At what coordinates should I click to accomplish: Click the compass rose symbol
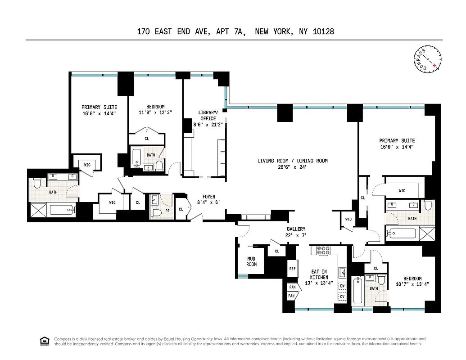point(427,59)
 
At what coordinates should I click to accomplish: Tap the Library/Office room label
point(208,118)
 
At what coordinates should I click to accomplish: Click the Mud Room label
point(251,261)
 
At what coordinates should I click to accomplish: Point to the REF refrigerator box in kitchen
point(292,269)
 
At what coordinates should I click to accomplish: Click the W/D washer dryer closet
point(348,220)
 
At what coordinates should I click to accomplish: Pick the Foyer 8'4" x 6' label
point(208,200)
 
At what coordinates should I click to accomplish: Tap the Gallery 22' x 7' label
point(296,232)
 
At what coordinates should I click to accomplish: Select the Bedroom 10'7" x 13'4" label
point(412,281)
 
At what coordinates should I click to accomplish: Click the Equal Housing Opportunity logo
point(44,341)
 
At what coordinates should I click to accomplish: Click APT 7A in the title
point(231,31)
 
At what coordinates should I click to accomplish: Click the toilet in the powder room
point(155,212)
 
